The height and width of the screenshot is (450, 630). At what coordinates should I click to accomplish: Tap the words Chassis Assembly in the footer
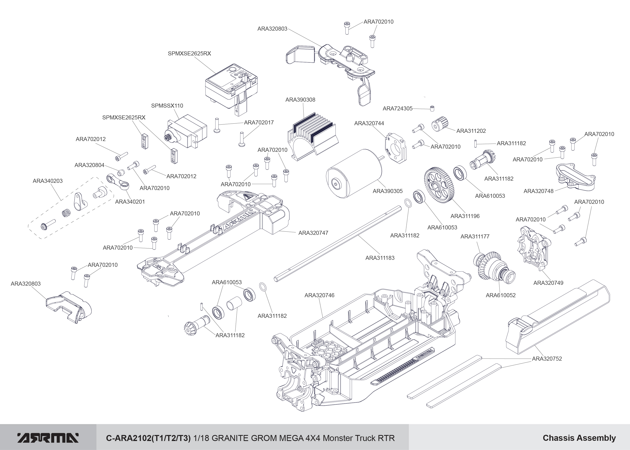click(x=579, y=438)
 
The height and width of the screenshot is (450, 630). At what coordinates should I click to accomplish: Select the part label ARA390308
click(x=300, y=100)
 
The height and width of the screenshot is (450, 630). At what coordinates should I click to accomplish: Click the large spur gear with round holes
click(x=439, y=185)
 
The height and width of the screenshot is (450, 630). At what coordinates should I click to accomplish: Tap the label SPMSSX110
click(x=167, y=106)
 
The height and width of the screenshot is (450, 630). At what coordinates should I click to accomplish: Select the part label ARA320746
click(x=319, y=295)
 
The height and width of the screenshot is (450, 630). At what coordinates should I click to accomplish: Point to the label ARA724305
click(x=398, y=109)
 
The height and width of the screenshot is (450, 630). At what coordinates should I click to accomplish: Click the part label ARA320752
click(x=547, y=359)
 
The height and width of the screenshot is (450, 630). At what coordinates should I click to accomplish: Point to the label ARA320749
click(x=548, y=283)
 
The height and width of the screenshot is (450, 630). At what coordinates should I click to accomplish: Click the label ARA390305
click(x=388, y=191)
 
